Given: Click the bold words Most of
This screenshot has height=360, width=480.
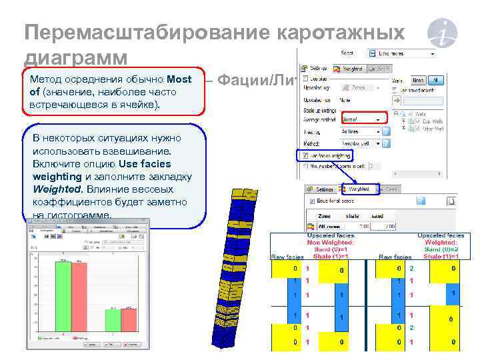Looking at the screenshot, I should pos(179,79).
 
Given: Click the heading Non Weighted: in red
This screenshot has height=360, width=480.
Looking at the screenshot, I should pos(330,243).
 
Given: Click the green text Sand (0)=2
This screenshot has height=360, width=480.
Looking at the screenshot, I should pos(441,249).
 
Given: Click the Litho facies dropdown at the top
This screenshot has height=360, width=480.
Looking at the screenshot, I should pos(406,53).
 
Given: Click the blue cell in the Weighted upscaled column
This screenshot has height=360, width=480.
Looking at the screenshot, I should pos(453,293).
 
